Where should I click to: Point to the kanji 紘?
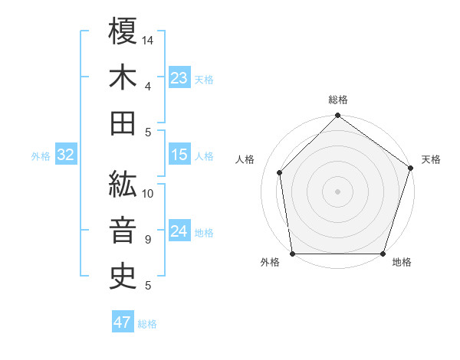coord(123,183)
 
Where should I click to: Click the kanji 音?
coord(123,230)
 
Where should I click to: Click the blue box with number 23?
coord(179,78)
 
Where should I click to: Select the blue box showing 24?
coord(179,232)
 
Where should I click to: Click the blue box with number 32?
coord(66,155)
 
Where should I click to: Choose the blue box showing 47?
coord(123,322)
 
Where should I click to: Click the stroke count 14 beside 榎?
coord(148,39)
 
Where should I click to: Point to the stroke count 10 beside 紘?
coord(148,193)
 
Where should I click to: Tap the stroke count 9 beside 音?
coord(147,240)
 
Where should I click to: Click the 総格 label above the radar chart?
coord(338,100)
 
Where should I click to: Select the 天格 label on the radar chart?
coord(431,159)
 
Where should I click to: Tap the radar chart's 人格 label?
coord(245,159)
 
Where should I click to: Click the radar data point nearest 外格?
coord(293,254)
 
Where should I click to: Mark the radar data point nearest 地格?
coord(383,254)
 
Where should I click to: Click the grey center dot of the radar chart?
coord(338,191)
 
